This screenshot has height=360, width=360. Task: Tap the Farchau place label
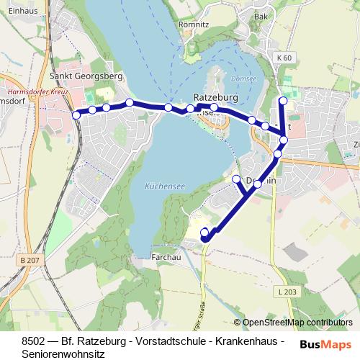(165, 257)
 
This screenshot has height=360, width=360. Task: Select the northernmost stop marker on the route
(283, 101)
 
